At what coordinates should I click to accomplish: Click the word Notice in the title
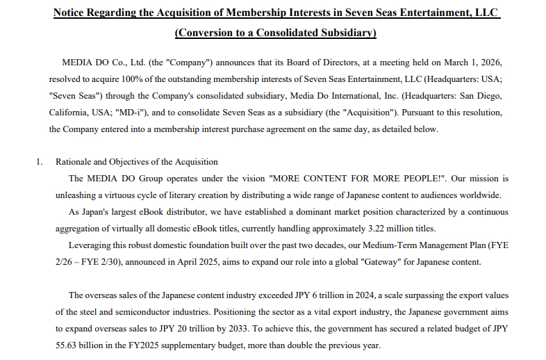pyautogui.click(x=73, y=13)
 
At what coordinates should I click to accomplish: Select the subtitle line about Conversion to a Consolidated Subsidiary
pyautogui.click(x=276, y=33)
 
